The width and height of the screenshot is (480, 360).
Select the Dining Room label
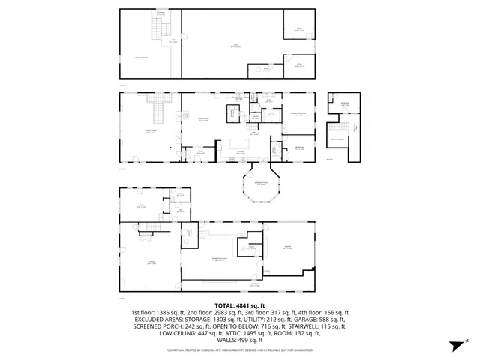202,119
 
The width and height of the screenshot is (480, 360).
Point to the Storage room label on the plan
151,262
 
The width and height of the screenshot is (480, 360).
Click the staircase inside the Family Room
158,112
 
